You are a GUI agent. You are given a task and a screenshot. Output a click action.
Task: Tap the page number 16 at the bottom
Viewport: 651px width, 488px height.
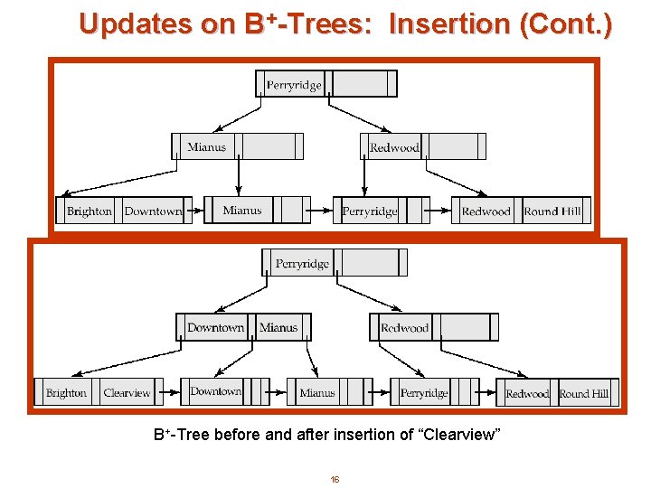tap(335, 479)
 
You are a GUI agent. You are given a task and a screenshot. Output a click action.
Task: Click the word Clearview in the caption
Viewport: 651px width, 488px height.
tap(463, 435)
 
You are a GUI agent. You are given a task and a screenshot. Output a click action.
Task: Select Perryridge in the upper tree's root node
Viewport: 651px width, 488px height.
tap(294, 85)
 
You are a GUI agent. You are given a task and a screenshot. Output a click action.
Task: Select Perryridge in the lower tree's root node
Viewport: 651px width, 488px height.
tap(302, 264)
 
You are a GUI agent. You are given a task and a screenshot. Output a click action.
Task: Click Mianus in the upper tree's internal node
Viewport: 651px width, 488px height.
tap(207, 147)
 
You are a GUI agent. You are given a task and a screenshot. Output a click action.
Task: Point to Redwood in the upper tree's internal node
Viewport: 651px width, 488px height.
tap(394, 147)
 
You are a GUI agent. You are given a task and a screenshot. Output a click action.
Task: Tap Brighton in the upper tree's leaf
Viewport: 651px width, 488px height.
tap(90, 211)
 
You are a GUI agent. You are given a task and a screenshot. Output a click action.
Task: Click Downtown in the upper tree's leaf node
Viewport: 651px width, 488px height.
tap(153, 211)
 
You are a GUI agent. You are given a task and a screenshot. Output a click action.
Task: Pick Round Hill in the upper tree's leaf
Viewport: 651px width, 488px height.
tap(552, 211)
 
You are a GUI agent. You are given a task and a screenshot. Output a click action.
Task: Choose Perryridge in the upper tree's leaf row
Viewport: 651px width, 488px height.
tap(370, 211)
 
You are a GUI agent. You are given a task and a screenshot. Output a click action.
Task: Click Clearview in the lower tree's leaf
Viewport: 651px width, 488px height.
tap(127, 393)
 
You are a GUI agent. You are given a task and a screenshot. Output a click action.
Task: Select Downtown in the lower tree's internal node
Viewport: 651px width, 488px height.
tap(215, 328)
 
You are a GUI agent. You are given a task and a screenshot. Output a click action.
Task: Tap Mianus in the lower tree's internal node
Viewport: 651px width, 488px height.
tap(278, 328)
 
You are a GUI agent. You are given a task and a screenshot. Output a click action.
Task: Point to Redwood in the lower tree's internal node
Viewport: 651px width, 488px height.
tap(404, 328)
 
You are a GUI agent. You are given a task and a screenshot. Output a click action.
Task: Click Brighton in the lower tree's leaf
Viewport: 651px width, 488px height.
tap(66, 393)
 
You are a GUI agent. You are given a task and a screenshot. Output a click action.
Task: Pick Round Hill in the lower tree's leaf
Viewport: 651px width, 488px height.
tap(583, 394)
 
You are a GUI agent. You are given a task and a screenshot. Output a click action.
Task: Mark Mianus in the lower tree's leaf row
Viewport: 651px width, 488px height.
tap(316, 393)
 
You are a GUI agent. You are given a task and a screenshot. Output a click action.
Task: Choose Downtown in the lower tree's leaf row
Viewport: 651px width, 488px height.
tap(215, 391)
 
